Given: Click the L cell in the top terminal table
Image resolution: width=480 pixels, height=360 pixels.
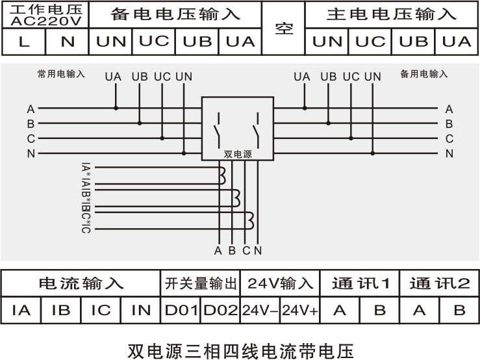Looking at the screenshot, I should click(x=24, y=42).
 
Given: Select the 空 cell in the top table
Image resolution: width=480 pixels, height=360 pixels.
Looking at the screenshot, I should click(x=284, y=29).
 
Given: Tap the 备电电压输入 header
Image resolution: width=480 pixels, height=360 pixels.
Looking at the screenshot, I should click(x=175, y=14).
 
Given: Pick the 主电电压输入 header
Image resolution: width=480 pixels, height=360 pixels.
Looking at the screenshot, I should click(x=392, y=14).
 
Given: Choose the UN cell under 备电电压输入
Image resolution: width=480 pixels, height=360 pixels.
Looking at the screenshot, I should click(x=111, y=42).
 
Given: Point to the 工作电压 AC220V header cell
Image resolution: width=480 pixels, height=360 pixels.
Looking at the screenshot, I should click(x=45, y=14).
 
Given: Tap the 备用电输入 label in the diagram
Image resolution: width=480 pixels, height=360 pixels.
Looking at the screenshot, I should click(x=423, y=74).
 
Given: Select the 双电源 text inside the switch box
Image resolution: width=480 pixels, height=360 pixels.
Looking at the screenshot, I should click(x=237, y=155).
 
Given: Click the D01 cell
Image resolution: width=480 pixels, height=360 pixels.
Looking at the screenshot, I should click(x=181, y=310).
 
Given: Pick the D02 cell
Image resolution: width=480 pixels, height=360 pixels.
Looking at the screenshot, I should click(x=221, y=310).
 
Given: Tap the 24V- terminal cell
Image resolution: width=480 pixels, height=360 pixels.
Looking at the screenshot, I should click(x=260, y=310).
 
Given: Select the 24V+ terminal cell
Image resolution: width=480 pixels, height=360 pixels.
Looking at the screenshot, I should click(x=300, y=310).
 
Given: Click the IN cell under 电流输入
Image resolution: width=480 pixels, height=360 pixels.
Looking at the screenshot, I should click(x=141, y=310).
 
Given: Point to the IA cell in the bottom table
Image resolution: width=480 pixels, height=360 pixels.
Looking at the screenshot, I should click(x=21, y=310).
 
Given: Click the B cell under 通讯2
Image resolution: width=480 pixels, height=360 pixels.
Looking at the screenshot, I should click(x=459, y=310).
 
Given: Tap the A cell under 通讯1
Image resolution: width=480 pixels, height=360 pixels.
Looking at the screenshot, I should click(x=340, y=310).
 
